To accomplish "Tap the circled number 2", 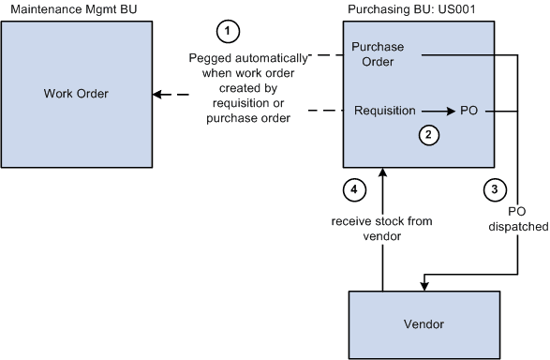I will [427, 135].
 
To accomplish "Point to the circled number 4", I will [352, 188].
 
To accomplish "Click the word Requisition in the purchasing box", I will [384, 111].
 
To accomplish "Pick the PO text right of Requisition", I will [469, 111].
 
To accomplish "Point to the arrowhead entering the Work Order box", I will [156, 94].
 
